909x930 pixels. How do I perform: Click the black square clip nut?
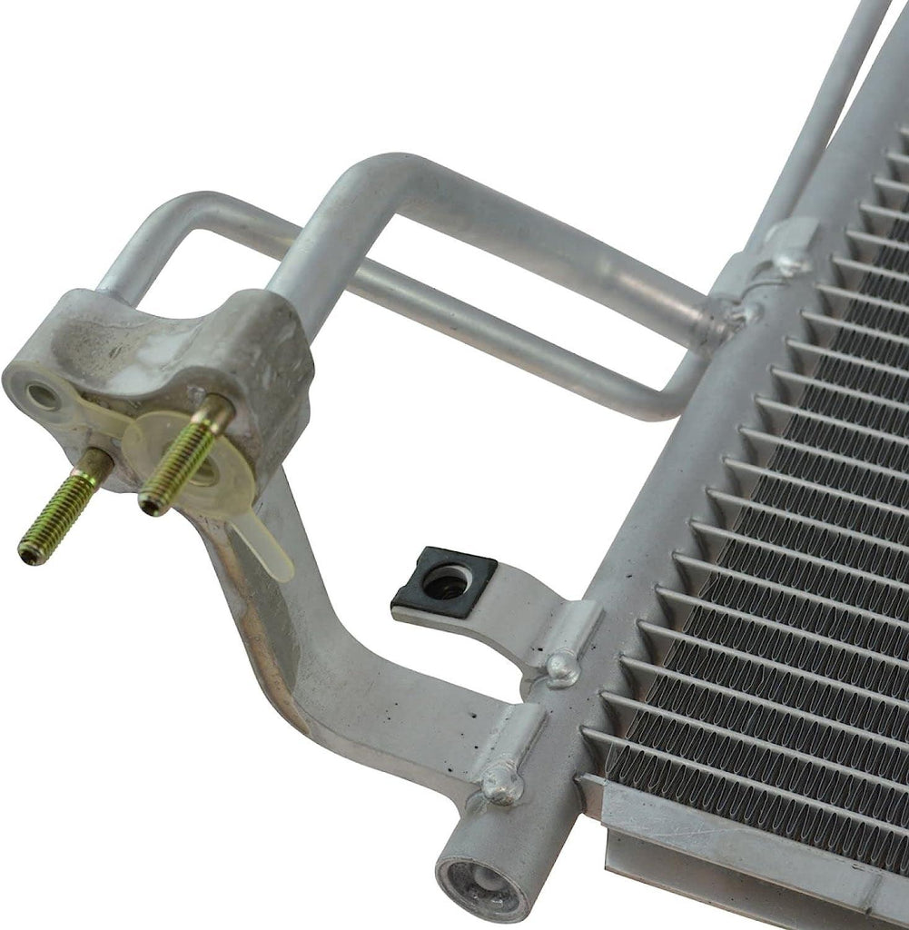tap(444, 582)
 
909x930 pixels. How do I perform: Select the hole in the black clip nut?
tap(447, 582)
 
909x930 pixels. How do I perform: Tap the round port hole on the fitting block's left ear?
tap(42, 395)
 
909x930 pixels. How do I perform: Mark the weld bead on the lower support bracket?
tap(500, 780)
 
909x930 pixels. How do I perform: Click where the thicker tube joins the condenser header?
tap(726, 313)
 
